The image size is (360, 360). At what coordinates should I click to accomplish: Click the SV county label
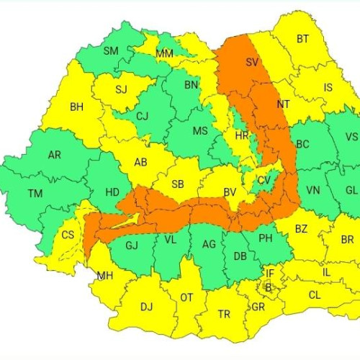click(x=252, y=63)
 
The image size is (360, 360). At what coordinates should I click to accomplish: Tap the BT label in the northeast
click(x=302, y=39)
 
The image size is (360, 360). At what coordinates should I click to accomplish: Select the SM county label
click(x=111, y=50)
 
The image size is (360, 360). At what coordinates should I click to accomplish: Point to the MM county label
click(x=164, y=54)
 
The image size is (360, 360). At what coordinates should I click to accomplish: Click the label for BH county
click(x=76, y=107)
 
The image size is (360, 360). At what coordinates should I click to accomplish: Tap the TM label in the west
click(x=35, y=194)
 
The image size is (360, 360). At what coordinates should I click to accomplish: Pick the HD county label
click(x=112, y=192)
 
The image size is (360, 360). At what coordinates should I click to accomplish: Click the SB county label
click(x=178, y=184)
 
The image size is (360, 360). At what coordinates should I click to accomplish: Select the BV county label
click(x=230, y=192)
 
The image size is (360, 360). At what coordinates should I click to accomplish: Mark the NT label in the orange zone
click(x=283, y=104)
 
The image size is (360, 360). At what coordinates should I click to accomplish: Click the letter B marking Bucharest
click(x=269, y=288)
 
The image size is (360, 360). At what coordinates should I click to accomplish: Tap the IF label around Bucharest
click(x=270, y=274)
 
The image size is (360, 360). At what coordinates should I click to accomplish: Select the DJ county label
click(x=146, y=307)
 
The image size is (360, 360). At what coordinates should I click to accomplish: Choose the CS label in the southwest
click(x=68, y=235)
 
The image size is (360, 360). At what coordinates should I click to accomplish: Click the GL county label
click(x=351, y=190)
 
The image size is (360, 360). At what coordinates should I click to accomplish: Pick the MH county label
click(x=105, y=275)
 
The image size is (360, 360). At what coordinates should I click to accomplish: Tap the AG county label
click(x=209, y=245)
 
